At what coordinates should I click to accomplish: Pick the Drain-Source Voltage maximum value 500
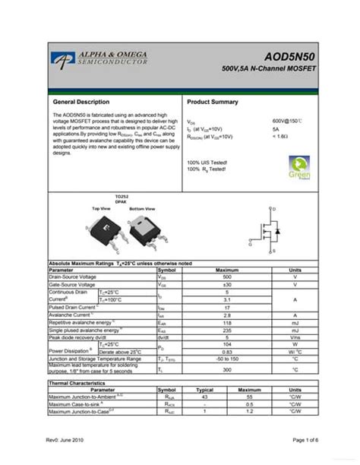pos(227,277)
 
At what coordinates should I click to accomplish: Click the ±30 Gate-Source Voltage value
pos(227,284)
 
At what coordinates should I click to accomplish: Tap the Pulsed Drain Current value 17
pos(227,307)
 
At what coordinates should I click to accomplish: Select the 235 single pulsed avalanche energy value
pos(227,331)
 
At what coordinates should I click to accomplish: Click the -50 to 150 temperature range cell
pos(227,359)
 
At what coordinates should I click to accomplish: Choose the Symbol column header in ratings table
pos(166,270)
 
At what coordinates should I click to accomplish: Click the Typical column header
pos(204,390)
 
